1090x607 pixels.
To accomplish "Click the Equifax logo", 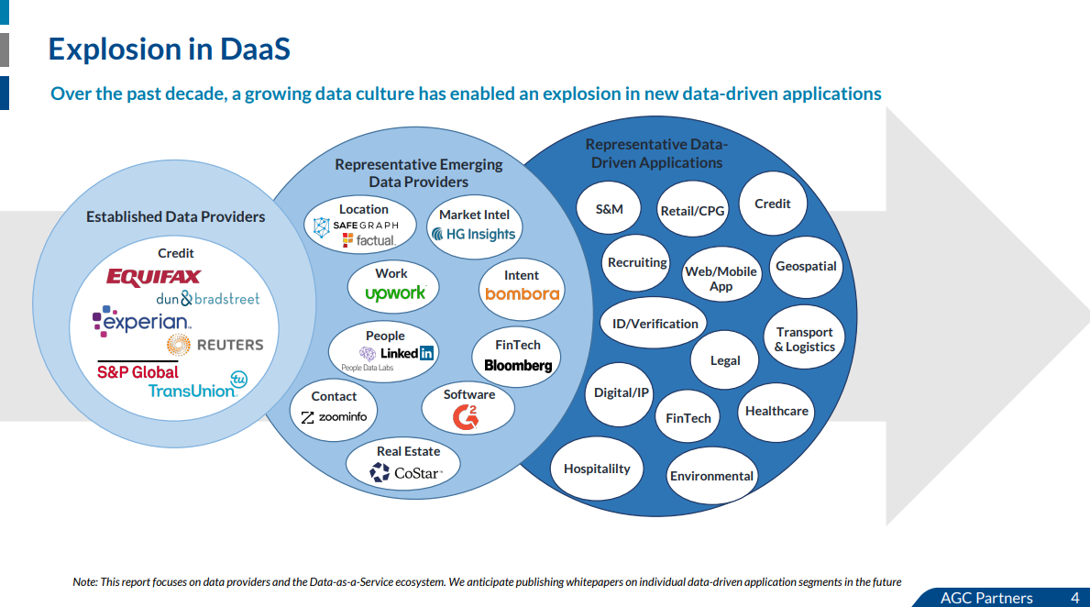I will [x=153, y=276].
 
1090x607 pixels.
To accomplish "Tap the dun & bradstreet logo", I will [x=207, y=299].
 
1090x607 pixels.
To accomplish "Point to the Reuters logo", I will [x=215, y=345].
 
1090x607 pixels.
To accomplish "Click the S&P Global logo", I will [x=138, y=371].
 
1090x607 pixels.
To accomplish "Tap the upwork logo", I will [x=395, y=293].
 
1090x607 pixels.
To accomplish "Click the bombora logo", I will [x=522, y=294].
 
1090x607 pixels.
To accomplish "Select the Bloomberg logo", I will [x=518, y=365].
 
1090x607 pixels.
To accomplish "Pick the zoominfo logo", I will [x=334, y=417].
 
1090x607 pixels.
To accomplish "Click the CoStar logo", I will [x=406, y=473].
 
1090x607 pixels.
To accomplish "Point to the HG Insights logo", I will [x=473, y=234].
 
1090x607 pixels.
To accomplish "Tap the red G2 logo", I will [x=467, y=417].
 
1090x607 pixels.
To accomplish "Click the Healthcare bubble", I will [x=776, y=411].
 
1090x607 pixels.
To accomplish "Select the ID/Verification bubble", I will [x=655, y=323].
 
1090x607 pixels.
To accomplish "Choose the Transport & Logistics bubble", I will [x=804, y=339].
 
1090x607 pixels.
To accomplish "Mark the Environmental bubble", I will [x=711, y=476].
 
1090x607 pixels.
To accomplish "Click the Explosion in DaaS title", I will [x=169, y=49].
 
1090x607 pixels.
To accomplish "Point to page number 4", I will [x=1074, y=598].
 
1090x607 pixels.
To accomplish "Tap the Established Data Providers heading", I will [x=175, y=217].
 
